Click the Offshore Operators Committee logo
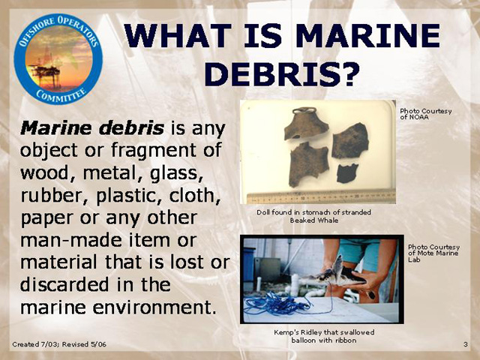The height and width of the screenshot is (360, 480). click(x=58, y=59)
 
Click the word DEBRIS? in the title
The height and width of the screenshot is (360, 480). click(x=282, y=73)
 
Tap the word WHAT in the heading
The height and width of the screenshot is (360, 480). click(x=178, y=35)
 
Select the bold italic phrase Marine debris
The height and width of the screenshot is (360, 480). click(x=91, y=128)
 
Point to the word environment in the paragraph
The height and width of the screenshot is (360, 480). click(x=152, y=307)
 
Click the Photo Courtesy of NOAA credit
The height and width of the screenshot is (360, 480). click(x=425, y=114)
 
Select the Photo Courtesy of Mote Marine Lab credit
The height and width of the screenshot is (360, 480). click(x=433, y=253)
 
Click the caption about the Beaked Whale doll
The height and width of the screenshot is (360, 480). click(x=313, y=216)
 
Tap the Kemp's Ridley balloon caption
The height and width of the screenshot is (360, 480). click(x=324, y=336)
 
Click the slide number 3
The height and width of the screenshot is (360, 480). click(x=465, y=344)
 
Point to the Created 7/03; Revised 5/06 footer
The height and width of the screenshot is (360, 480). click(x=59, y=344)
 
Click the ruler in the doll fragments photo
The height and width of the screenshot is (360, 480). click(x=321, y=196)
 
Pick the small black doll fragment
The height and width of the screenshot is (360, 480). click(x=347, y=173)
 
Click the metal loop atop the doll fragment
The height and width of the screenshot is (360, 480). click(x=304, y=110)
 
